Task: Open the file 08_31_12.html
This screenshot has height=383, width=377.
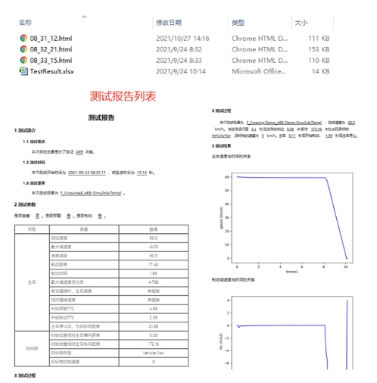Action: (x=52, y=37)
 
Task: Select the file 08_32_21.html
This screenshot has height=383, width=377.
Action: (x=52, y=48)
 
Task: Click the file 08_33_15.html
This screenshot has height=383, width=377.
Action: (x=52, y=60)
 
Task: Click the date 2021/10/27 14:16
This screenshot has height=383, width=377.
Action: (x=182, y=37)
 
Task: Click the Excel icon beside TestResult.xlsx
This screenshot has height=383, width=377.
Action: (x=23, y=71)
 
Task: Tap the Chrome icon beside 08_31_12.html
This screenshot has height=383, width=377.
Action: (x=23, y=37)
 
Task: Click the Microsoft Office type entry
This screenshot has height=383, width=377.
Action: (x=259, y=71)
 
